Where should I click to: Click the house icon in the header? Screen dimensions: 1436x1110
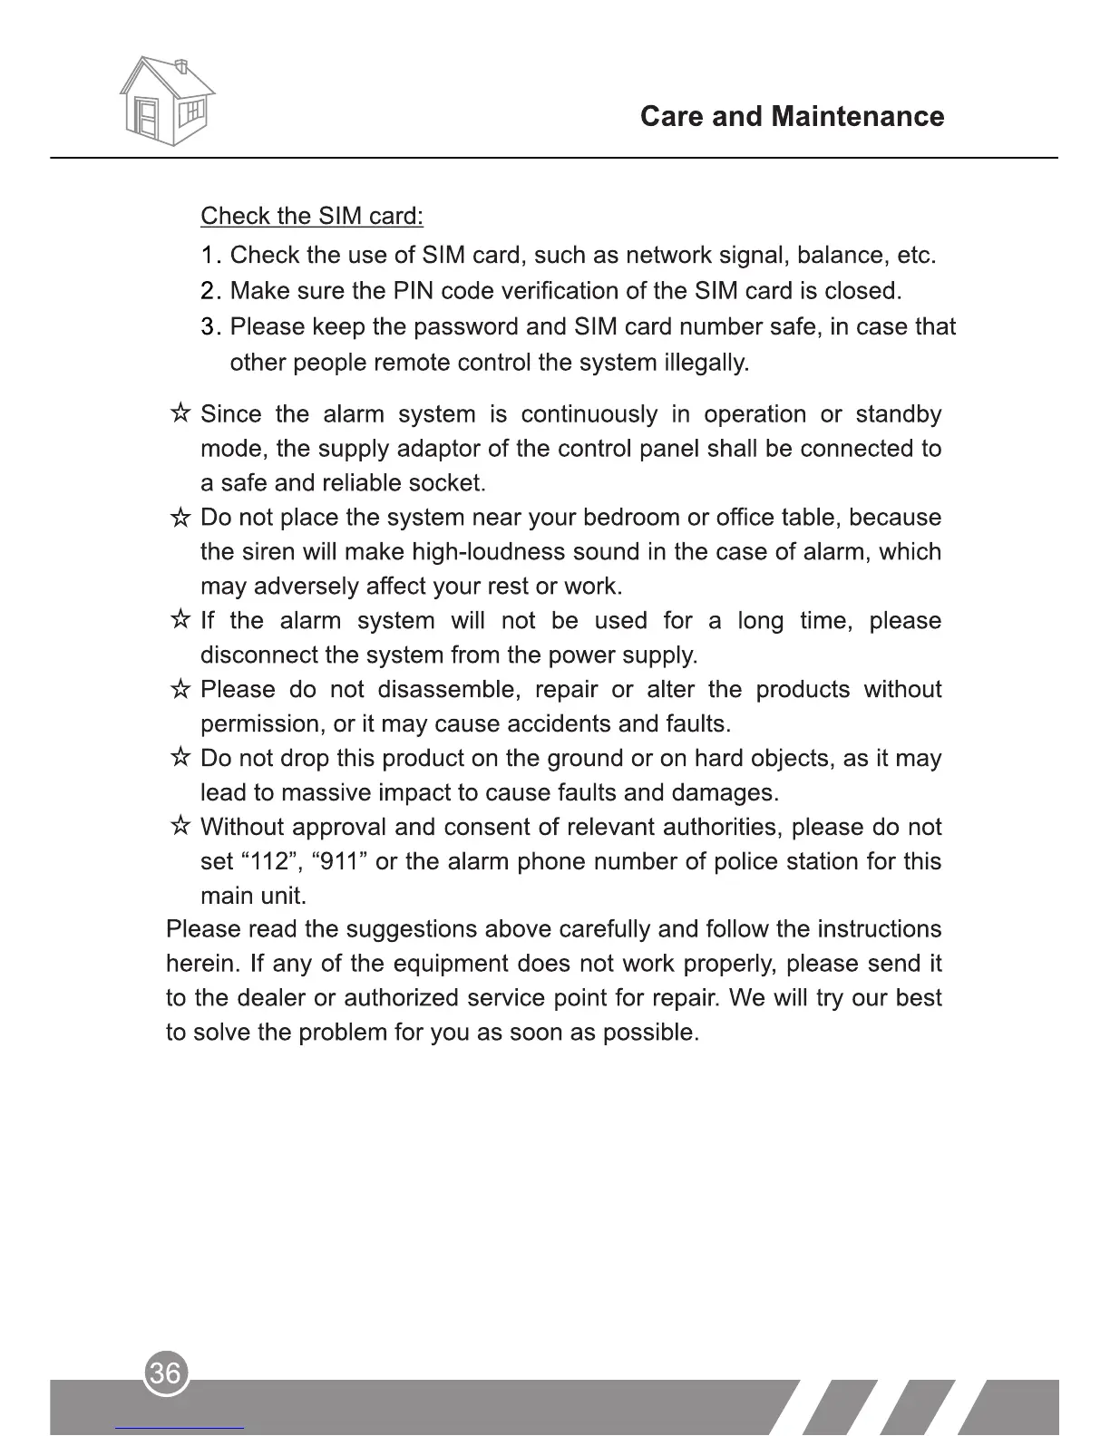click(x=167, y=100)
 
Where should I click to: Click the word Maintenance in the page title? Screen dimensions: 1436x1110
click(x=857, y=117)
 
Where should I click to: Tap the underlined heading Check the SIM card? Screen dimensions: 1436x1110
click(x=311, y=217)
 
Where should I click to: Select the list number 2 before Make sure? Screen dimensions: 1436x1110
click(x=209, y=291)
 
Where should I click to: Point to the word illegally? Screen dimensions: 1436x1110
click(x=706, y=364)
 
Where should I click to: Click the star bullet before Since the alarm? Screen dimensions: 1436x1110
click(x=180, y=414)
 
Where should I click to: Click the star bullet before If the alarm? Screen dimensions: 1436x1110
click(x=180, y=621)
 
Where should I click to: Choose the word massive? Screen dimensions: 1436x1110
click(x=326, y=793)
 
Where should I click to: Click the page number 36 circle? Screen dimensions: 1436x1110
click(x=166, y=1373)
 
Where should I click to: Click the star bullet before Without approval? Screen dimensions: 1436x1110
click(x=180, y=828)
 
